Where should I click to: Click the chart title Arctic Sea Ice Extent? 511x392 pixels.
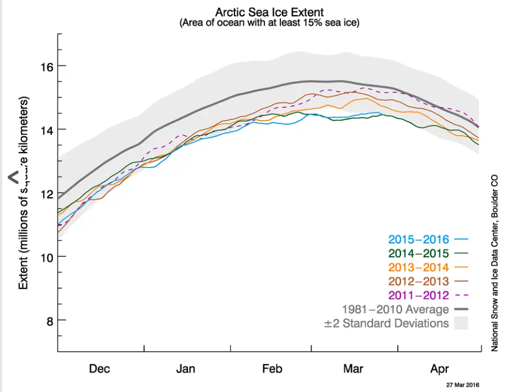tap(269, 11)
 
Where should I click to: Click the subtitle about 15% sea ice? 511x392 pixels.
tap(269, 23)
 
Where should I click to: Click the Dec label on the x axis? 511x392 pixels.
tap(99, 369)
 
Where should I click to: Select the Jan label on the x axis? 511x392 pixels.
tap(185, 369)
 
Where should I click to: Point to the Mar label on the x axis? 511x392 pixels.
tap(353, 369)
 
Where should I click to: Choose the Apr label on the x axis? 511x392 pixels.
tap(439, 369)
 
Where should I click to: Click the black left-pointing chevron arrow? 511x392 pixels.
tap(14, 178)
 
